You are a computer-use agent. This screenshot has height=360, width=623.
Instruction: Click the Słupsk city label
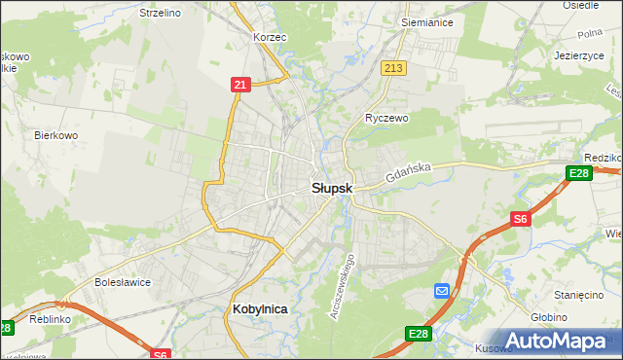point(332,187)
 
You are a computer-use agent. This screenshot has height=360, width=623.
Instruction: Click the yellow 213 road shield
point(394,68)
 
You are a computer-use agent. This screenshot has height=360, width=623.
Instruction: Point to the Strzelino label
point(161,13)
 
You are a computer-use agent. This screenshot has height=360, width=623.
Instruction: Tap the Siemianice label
point(424,19)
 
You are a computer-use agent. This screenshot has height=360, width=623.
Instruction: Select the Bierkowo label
point(55,135)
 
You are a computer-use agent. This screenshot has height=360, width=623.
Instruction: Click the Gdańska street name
point(407,174)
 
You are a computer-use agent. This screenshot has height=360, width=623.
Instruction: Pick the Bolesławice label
point(122,282)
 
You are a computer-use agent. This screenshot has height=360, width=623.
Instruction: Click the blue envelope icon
point(442,291)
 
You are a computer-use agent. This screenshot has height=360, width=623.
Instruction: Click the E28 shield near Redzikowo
point(579,173)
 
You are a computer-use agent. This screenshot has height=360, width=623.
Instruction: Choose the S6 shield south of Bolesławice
point(161,354)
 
